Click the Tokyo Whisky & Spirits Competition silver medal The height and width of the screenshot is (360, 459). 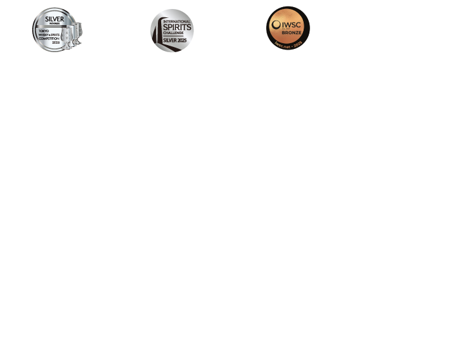click(57, 30)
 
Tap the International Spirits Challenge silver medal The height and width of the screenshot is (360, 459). click(172, 30)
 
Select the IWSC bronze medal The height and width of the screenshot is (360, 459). click(288, 28)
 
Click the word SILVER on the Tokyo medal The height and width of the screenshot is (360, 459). click(54, 19)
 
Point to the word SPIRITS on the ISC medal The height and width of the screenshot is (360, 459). click(173, 27)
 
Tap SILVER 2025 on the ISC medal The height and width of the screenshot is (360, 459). click(173, 40)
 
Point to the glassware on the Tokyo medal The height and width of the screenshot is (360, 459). click(76, 32)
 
